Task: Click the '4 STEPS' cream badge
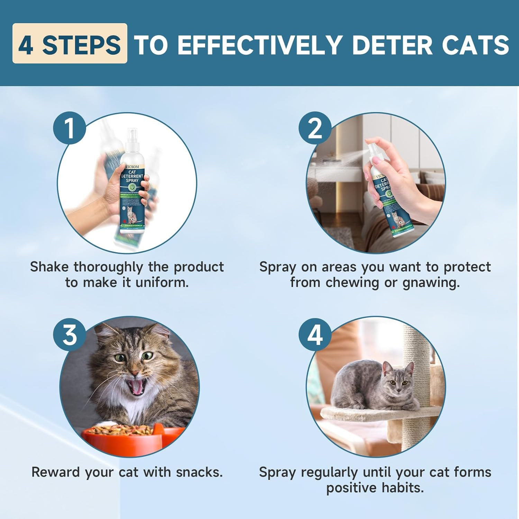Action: point(70,44)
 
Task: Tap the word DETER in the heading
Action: point(392,45)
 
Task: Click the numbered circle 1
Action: point(70,128)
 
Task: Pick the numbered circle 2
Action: point(315,128)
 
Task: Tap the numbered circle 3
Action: point(70,335)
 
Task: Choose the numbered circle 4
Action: point(315,335)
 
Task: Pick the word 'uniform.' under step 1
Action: point(162,283)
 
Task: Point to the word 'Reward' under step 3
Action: point(56,472)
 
